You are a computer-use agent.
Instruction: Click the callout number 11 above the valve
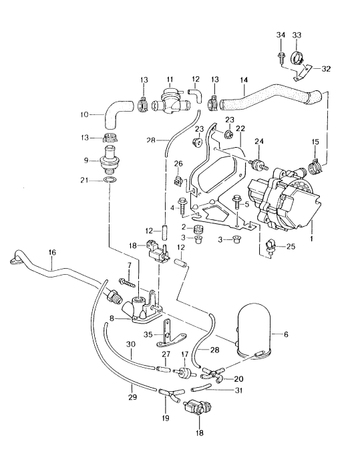pos(170,79)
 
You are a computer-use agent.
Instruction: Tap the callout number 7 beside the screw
pos(121,265)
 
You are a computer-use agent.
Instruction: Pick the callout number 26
pos(178,163)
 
